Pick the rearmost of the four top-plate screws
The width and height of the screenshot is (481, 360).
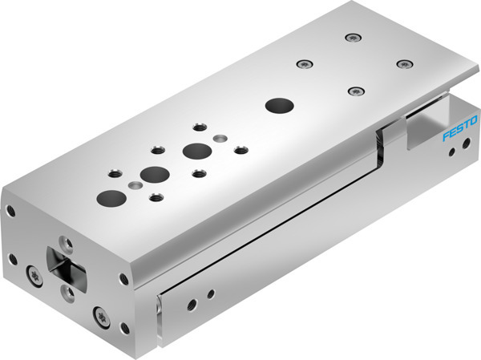pos(351,36)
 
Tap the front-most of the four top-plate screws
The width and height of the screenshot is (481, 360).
pos(353,91)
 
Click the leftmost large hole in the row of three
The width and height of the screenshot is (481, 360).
pos(107,196)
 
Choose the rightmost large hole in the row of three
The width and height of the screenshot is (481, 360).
pos(193,150)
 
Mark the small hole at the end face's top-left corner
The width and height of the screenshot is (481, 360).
pos(11,211)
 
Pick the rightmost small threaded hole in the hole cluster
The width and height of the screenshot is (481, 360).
pos(239,149)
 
